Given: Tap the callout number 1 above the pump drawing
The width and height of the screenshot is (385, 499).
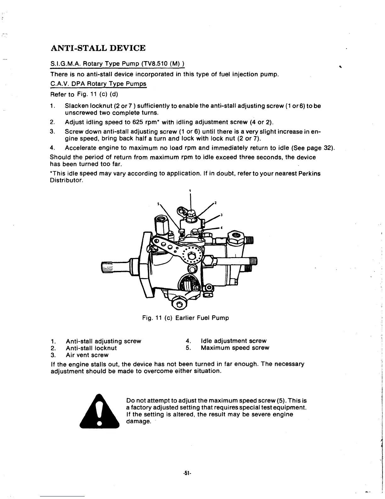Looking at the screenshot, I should point(190,190).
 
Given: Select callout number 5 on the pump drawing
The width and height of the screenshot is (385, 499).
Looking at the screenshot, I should point(159,203).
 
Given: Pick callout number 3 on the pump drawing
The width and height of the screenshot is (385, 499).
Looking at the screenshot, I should point(222,215).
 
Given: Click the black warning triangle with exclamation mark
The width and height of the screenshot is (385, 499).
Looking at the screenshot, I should point(100,411).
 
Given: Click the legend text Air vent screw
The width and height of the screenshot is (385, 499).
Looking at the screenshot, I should point(87,355).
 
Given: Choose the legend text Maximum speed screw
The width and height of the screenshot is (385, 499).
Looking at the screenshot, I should point(235,348).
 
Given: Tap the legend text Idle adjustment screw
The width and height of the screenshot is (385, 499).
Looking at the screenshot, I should point(233,341).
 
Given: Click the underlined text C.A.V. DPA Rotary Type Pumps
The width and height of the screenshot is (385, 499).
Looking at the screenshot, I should point(98,84).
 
